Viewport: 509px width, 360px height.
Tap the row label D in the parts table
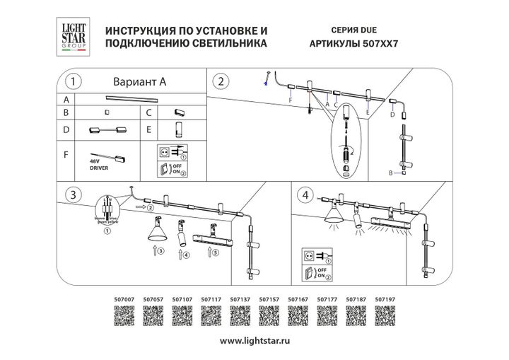(66, 130)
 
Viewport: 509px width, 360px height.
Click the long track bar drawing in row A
(135, 99)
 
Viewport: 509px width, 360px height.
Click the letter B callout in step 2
(391, 172)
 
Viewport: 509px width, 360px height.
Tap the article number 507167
(298, 299)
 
